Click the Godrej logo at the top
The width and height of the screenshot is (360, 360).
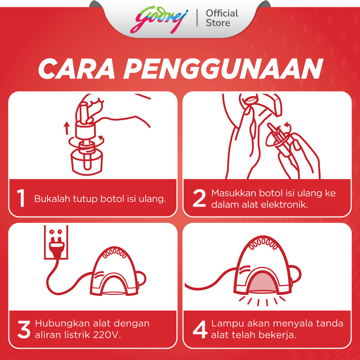point(159,20)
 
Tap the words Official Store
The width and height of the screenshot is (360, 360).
point(222,18)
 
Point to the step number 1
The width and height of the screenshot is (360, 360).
point(21,198)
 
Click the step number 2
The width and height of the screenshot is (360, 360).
point(199,198)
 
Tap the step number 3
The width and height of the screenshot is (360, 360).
point(24,330)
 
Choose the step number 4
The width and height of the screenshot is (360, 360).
point(200,330)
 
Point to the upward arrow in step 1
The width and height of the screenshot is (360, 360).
point(66,128)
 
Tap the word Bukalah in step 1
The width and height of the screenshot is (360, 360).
point(52,199)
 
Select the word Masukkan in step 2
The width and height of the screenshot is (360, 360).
point(234,193)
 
